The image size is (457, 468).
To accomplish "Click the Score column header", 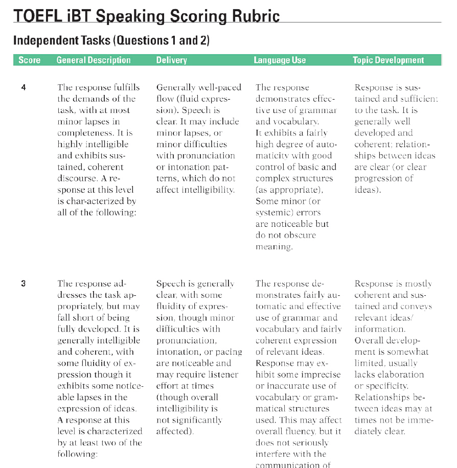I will pos(29,60).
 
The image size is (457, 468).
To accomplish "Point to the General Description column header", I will pos(94,60).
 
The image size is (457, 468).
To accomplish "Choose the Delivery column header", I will pos(171,60).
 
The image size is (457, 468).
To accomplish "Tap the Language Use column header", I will pos(280,60).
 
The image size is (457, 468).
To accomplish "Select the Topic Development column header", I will pos(388,60).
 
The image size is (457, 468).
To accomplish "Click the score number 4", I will pos(24,87).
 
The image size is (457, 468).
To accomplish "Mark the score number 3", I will pos(24,284).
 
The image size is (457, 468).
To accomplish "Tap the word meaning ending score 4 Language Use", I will pos(274,247).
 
